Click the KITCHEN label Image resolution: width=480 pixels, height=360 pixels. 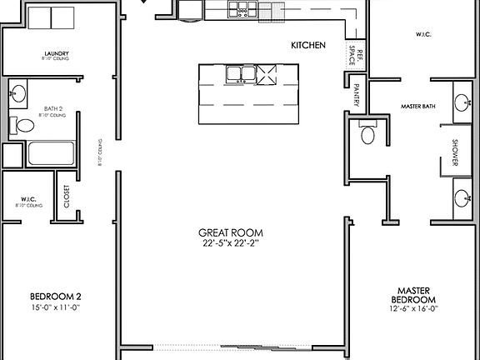pyautogui.click(x=307, y=44)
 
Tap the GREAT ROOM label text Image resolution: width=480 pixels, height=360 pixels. pyautogui.click(x=231, y=232)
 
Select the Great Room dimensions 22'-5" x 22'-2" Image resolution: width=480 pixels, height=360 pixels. pyautogui.click(x=231, y=243)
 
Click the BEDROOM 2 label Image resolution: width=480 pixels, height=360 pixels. pyautogui.click(x=55, y=296)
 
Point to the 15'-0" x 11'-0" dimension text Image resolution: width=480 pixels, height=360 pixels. pyautogui.click(x=55, y=307)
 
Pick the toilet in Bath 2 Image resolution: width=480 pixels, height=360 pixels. pyautogui.click(x=22, y=126)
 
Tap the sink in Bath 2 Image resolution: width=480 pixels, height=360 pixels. pyautogui.click(x=17, y=91)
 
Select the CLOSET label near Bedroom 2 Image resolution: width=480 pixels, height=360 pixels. pyautogui.click(x=67, y=197)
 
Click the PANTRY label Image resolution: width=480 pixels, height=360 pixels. pyautogui.click(x=357, y=96)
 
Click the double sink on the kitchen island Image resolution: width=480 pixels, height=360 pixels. pyautogui.click(x=241, y=74)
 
